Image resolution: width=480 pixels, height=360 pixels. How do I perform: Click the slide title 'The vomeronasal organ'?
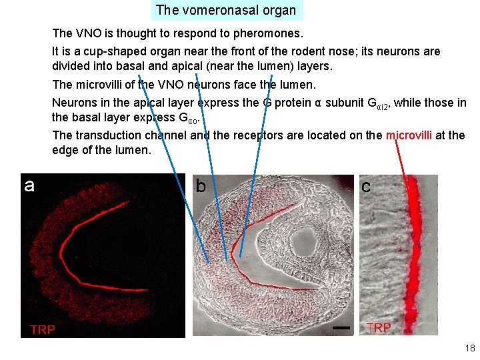[226, 10]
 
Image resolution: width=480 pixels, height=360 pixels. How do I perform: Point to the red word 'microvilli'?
[409, 135]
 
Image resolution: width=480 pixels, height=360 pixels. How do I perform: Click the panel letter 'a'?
[29, 185]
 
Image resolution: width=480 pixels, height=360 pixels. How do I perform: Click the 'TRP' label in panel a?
[43, 329]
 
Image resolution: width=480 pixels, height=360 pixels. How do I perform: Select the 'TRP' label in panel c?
[379, 327]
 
